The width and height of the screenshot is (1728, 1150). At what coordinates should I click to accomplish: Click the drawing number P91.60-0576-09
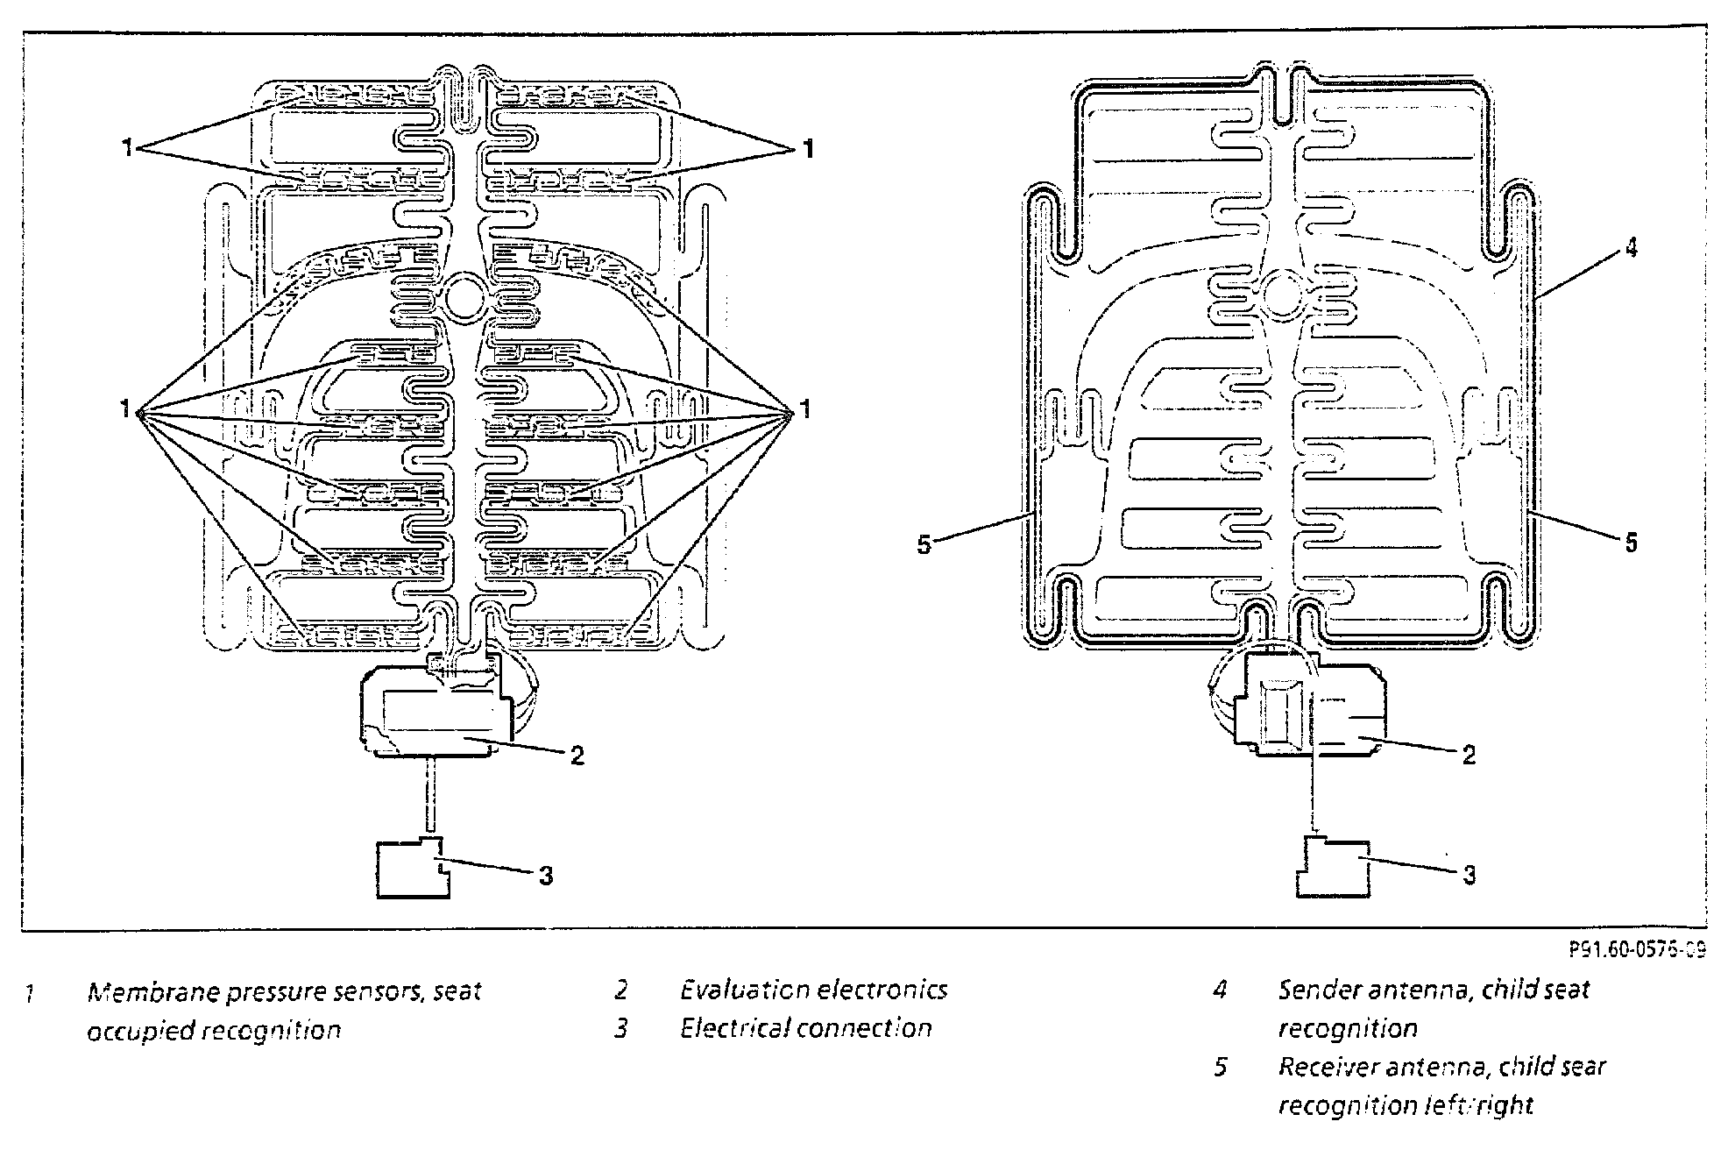(1637, 950)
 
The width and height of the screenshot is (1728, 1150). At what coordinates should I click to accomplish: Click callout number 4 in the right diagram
(1630, 249)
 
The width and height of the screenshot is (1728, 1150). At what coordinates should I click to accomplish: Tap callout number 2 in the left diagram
(577, 756)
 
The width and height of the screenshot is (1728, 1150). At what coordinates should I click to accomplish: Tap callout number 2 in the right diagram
(1470, 755)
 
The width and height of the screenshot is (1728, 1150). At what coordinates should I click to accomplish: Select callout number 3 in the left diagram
(546, 876)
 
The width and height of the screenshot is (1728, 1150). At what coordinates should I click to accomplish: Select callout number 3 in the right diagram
(1470, 875)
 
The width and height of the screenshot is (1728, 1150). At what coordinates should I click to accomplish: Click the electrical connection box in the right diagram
(1332, 868)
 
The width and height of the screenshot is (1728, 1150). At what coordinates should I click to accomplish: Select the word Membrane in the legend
(148, 992)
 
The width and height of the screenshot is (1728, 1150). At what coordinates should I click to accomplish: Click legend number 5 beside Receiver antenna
(1221, 1068)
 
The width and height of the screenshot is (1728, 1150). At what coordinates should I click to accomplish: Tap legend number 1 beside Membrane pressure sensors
(30, 994)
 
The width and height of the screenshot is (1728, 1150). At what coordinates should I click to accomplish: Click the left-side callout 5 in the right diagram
(924, 545)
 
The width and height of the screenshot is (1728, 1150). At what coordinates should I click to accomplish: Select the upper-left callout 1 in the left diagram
(127, 149)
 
